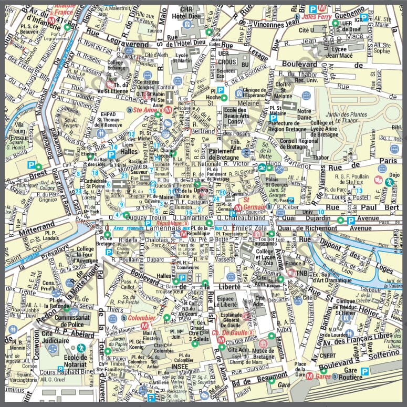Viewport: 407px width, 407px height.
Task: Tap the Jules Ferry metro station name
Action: pos(316,17)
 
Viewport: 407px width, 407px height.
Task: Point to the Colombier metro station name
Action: pos(141,318)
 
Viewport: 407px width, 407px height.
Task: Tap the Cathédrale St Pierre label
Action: pos(96,182)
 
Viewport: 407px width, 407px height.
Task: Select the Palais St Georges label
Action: pos(275,183)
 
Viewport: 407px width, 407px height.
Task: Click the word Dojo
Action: pos(394,175)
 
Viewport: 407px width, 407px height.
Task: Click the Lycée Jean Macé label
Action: pos(339,52)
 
